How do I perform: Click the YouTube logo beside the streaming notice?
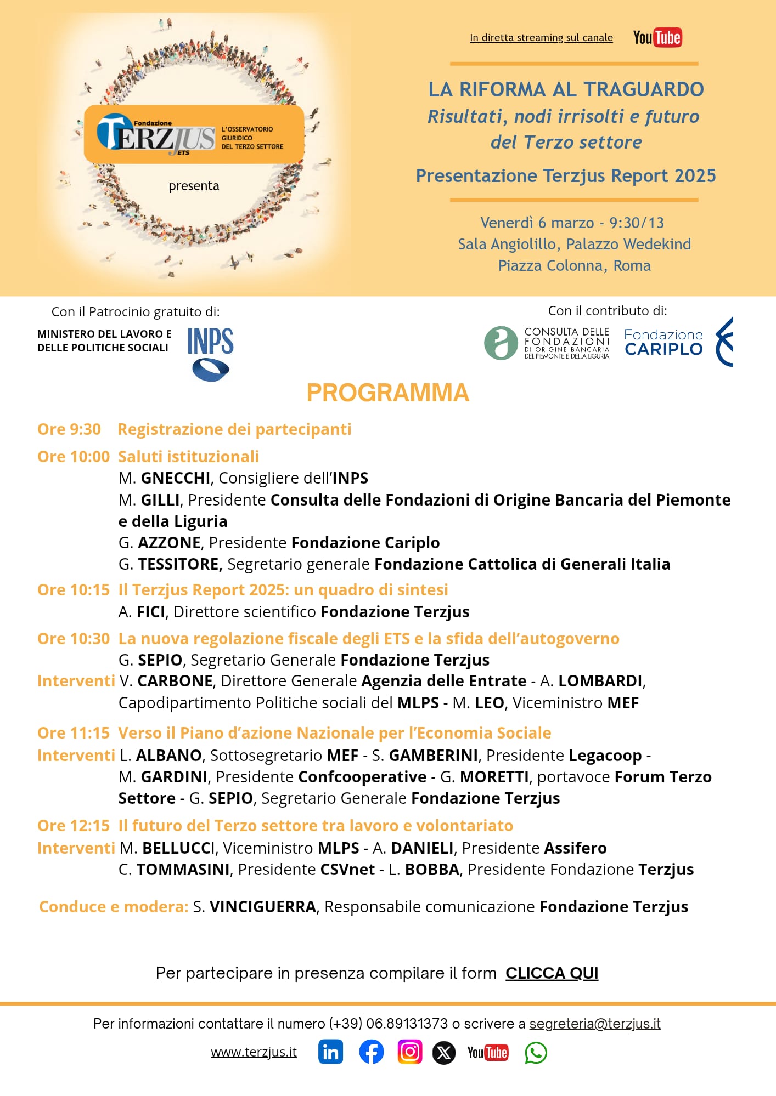[x=657, y=37]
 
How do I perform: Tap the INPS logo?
[x=210, y=353]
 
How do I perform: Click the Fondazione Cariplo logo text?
[x=663, y=342]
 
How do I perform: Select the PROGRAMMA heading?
[x=387, y=393]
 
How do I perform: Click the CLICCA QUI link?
[x=552, y=973]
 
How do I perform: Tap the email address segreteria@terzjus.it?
[x=594, y=1023]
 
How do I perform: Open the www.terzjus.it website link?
[x=254, y=1052]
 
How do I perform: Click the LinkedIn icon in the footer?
[x=330, y=1052]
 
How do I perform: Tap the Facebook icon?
[x=371, y=1052]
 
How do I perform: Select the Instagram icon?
[x=409, y=1052]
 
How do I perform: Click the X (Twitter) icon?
[x=444, y=1053]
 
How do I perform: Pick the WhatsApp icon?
[x=536, y=1053]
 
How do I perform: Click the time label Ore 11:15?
[x=74, y=732]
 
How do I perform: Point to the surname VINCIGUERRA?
[x=263, y=906]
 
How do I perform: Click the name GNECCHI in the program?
[x=176, y=478]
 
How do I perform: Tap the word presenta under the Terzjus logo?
[x=194, y=186]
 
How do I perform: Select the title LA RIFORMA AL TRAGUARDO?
[x=566, y=89]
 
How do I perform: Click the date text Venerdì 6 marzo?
[x=537, y=223]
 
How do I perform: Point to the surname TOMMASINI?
[x=183, y=869]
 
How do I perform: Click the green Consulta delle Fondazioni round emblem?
[x=501, y=343]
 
